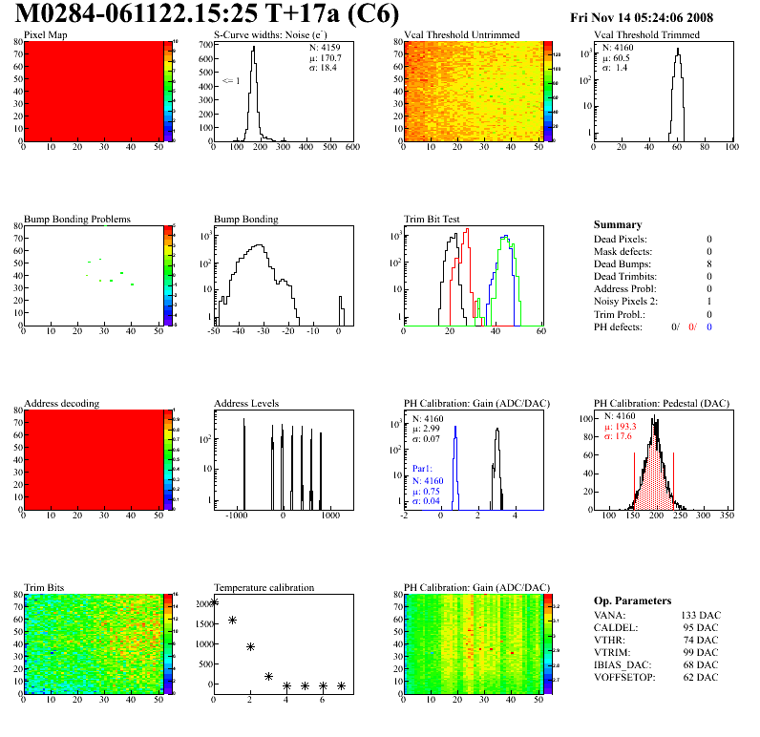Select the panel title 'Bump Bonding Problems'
77,219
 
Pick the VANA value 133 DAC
700,614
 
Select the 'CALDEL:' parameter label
617,626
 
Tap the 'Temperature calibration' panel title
264,587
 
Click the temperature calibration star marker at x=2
250,646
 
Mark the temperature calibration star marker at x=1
232,621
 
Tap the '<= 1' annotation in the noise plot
230,81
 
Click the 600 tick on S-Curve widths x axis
351,147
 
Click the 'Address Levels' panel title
246,403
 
